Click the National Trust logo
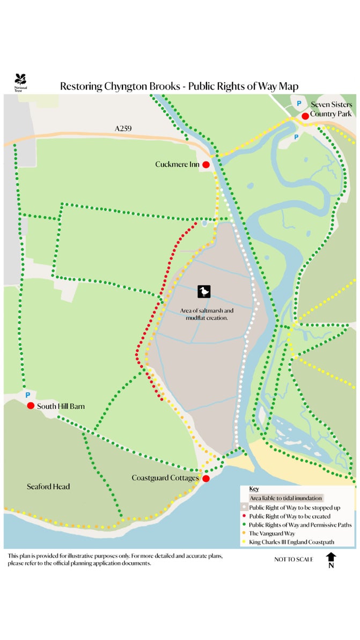21,82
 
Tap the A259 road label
123,129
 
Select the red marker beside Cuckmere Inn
206,165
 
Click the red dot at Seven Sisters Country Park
305,116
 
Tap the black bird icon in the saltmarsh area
204,291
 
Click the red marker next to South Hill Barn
31,406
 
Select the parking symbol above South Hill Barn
27,395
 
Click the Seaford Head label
48,487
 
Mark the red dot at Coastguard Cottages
205,478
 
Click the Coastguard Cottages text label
165,477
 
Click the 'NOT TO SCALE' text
293,560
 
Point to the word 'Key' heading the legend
254,489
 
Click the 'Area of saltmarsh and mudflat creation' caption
207,314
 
